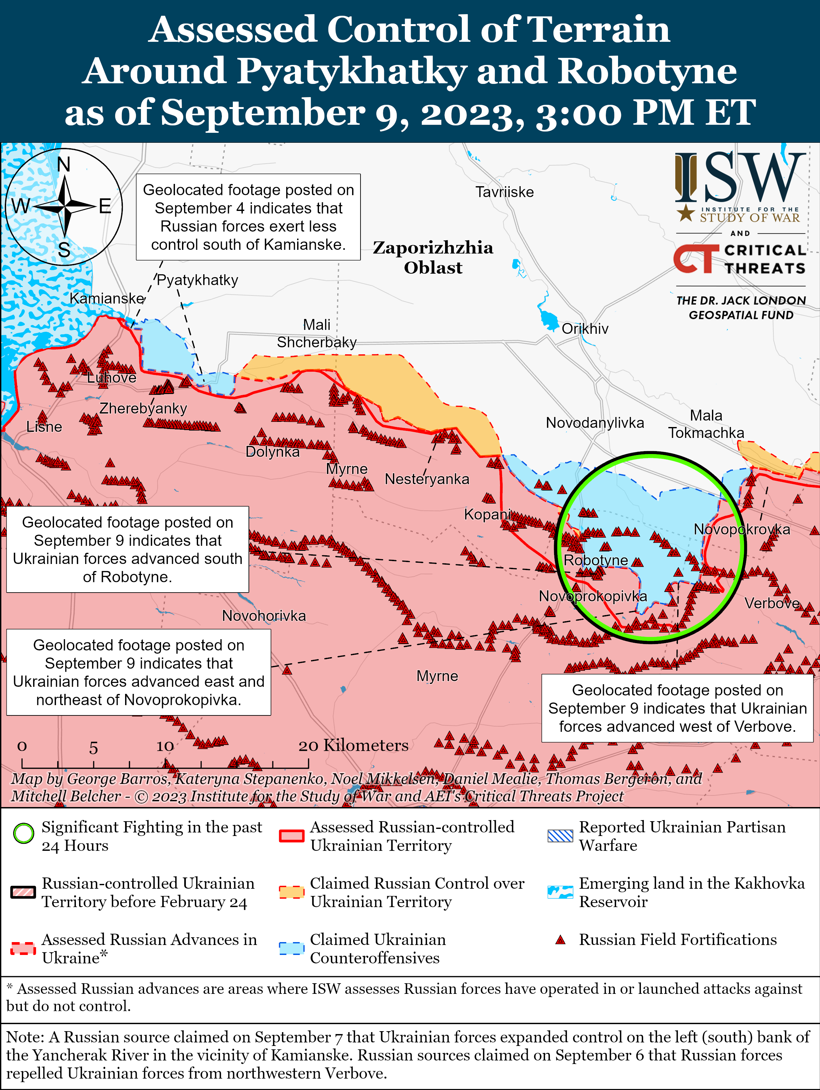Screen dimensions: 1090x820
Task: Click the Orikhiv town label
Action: [x=585, y=329]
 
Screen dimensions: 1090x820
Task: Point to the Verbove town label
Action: [x=772, y=603]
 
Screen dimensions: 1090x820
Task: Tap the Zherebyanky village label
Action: [x=143, y=408]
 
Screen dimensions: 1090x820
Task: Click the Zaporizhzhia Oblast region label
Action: [x=433, y=257]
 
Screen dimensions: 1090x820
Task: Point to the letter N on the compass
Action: [x=64, y=165]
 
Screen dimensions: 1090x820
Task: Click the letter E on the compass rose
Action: [x=105, y=206]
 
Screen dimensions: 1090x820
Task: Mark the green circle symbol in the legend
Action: [x=23, y=834]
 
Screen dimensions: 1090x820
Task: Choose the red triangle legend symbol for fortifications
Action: [x=560, y=940]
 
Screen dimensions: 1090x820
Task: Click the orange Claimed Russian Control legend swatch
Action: [x=291, y=891]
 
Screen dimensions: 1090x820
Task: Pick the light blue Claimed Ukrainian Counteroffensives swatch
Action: [x=291, y=948]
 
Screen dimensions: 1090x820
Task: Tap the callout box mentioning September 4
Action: [x=248, y=217]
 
